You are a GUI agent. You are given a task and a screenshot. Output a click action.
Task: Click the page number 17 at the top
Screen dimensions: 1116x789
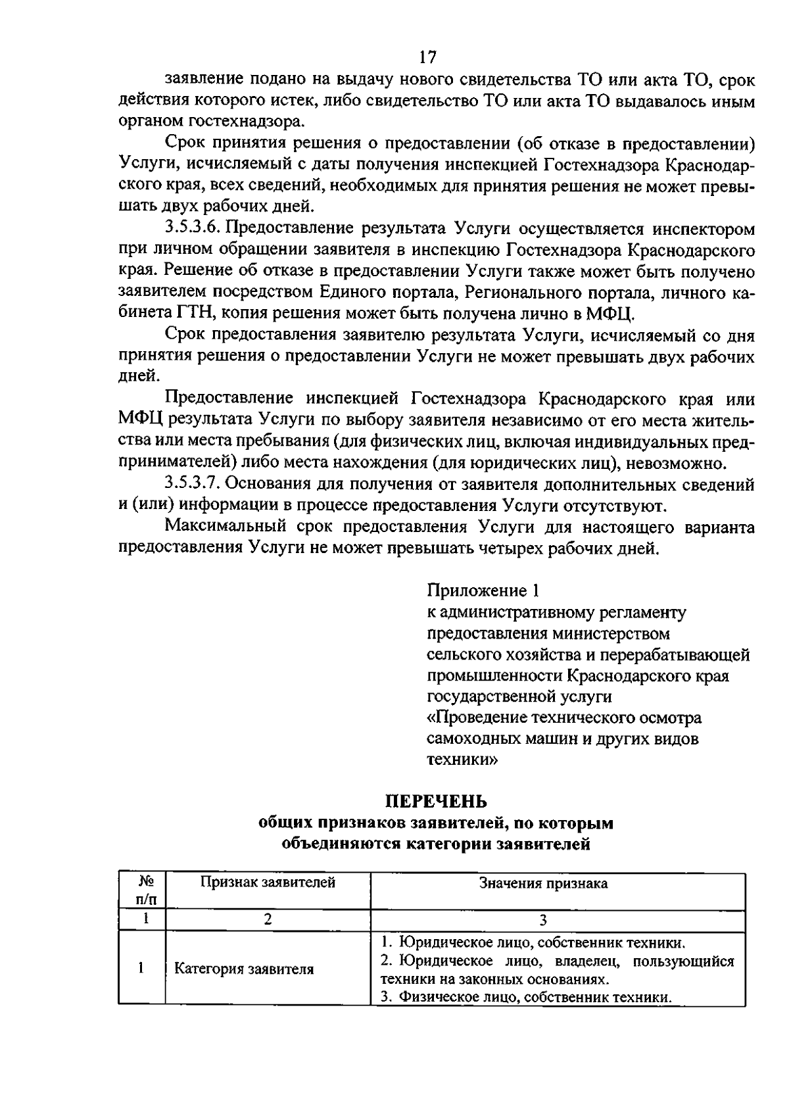[427, 57]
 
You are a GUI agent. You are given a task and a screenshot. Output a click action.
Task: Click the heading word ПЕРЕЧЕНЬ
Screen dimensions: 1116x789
[435, 801]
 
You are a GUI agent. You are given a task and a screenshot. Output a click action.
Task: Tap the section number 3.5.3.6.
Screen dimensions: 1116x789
[195, 229]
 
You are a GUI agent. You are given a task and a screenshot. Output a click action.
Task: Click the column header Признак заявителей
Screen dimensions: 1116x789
[268, 883]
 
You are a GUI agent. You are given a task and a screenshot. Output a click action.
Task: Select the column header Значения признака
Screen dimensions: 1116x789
[543, 883]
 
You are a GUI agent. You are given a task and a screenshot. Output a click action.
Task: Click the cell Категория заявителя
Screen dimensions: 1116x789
[243, 969]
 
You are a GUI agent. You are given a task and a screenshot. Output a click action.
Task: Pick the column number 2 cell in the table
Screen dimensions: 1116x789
[268, 919]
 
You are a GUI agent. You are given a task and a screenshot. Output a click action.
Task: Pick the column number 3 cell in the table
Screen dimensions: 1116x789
[543, 919]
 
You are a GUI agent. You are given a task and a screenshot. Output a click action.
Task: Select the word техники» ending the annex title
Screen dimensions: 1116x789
[462, 760]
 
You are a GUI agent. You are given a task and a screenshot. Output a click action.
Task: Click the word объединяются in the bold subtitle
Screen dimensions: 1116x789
[332, 844]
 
